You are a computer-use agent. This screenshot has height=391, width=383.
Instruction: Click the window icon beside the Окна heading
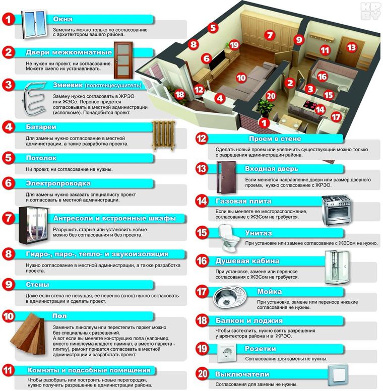tap(34, 24)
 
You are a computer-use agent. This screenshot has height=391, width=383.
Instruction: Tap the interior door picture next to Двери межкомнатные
tap(123, 60)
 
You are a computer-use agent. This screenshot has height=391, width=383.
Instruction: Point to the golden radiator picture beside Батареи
tap(163, 136)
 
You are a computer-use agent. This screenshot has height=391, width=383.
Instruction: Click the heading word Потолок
tap(41, 158)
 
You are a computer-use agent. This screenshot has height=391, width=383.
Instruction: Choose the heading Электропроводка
tap(58, 183)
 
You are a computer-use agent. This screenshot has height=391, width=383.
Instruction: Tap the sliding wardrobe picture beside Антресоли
tap(33, 225)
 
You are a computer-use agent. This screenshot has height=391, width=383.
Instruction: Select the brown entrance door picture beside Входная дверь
tap(226, 177)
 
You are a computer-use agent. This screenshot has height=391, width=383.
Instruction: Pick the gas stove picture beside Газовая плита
tap(336, 210)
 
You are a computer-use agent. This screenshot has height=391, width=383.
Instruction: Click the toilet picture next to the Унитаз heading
tap(229, 238)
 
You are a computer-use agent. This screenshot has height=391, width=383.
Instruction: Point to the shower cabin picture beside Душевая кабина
tap(337, 267)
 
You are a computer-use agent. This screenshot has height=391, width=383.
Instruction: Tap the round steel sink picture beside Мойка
tap(229, 297)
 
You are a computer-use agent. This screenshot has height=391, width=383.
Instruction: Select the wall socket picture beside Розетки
tap(226, 353)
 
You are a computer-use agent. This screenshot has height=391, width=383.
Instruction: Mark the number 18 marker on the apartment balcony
tap(179, 95)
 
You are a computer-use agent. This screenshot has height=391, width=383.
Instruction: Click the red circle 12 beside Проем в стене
tap(202, 139)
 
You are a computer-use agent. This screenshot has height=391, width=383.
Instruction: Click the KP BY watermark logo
tap(370, 11)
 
